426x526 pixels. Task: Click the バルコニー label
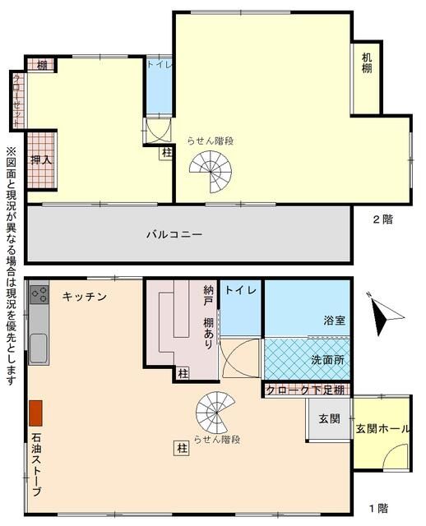(174, 234)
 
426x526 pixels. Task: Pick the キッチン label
(85, 297)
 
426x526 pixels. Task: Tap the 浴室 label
(333, 321)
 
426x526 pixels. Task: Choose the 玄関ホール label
(382, 428)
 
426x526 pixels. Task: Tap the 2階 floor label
(382, 219)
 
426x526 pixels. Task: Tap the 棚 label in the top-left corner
(41, 65)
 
